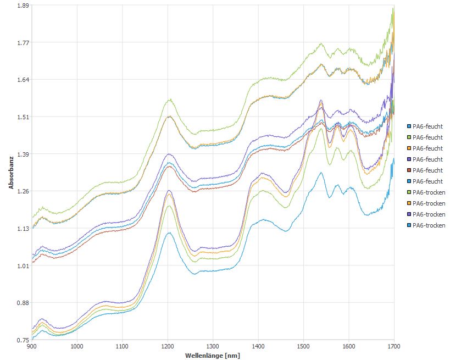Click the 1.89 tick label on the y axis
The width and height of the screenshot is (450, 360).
[22, 5]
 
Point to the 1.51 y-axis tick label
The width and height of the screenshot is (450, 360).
[22, 117]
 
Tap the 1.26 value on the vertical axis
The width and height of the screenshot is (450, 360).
[22, 191]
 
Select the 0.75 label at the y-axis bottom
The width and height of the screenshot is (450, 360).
[22, 340]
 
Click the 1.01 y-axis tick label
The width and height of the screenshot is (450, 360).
[22, 266]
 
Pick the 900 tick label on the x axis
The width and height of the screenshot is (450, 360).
[32, 347]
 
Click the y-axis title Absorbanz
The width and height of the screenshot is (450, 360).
[11, 172]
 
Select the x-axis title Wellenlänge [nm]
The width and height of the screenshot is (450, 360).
[213, 356]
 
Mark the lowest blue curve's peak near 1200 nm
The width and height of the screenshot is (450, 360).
[169, 233]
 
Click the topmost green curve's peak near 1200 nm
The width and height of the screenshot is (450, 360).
[170, 99]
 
